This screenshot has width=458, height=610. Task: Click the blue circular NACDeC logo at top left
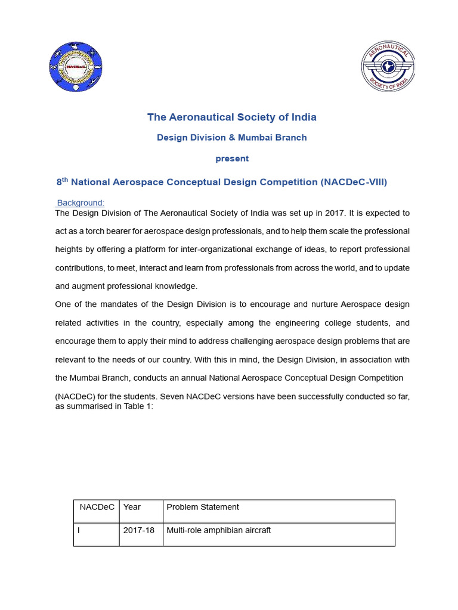click(75, 67)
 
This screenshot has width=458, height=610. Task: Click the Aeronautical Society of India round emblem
click(388, 67)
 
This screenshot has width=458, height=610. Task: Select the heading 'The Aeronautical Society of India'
click(231, 117)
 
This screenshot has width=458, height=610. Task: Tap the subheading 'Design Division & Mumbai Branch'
click(231, 138)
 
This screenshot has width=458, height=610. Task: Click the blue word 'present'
click(231, 159)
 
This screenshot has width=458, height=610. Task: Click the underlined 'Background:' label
click(81, 203)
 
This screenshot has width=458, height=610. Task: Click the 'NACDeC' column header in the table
click(97, 507)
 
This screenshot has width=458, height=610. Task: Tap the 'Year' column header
click(132, 507)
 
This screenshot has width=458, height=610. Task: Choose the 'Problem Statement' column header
click(203, 507)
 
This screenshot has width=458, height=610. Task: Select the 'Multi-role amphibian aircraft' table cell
click(218, 530)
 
